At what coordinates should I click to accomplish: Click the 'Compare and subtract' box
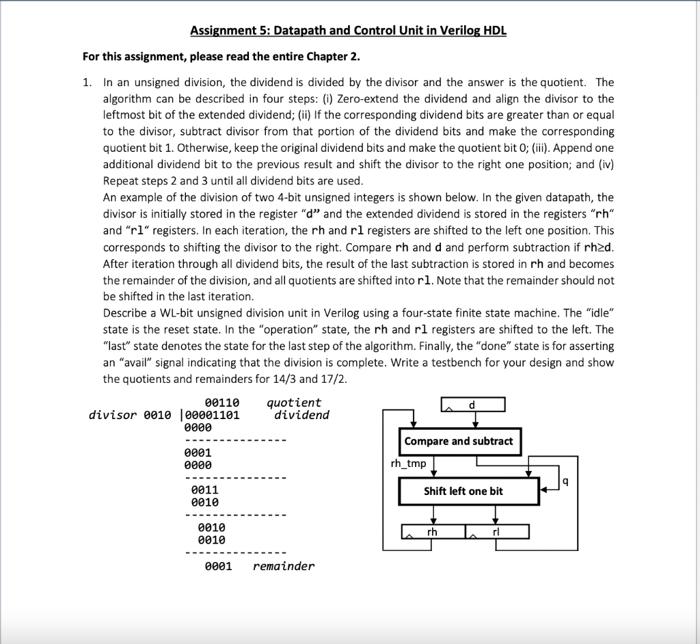point(458,441)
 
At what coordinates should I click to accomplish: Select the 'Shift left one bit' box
point(463,491)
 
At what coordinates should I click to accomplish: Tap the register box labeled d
point(472,405)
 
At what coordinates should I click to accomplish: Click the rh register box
point(432,531)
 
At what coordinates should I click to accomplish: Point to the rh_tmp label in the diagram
point(408,464)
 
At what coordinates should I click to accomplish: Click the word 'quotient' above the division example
point(293,403)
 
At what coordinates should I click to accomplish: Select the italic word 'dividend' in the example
point(301,415)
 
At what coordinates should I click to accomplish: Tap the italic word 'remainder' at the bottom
point(284,566)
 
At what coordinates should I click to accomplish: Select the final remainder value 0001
point(219,566)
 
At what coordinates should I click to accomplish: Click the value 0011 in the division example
point(204,489)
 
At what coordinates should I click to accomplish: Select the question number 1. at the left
point(87,82)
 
